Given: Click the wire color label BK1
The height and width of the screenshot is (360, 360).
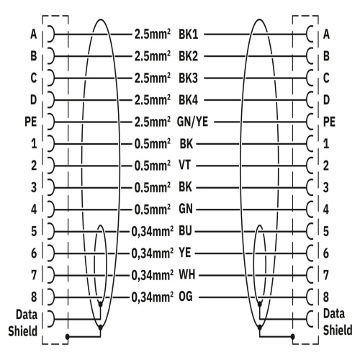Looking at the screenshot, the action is (189, 35).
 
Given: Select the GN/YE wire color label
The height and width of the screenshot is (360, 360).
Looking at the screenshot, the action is (192, 122).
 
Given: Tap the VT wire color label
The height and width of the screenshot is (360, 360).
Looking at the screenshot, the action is (185, 166).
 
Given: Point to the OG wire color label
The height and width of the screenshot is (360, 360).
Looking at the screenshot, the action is (186, 297).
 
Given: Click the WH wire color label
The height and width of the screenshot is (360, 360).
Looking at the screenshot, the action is (187, 274).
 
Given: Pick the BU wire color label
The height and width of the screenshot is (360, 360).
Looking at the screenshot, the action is (185, 231).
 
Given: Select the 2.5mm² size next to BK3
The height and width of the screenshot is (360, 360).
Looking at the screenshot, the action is (153, 78).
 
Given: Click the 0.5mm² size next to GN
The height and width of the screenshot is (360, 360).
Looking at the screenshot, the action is (153, 209).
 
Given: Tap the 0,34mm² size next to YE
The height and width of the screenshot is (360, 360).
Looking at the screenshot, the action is (153, 253).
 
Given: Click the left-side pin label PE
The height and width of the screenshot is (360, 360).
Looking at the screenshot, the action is (31, 122).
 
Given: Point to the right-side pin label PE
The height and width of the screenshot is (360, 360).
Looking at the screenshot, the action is (329, 122).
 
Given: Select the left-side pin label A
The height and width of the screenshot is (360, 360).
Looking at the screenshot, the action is (34, 35).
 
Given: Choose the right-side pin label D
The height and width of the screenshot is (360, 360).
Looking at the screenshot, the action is (326, 100).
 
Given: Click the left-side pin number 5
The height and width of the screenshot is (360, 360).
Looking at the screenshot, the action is (34, 231).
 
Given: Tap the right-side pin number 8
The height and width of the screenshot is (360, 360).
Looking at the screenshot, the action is (326, 297).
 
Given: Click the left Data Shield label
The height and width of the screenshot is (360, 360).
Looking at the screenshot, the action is (23, 323).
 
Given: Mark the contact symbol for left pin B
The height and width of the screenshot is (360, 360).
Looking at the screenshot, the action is (51, 56).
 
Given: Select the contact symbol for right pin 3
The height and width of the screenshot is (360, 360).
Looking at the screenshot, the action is (310, 187).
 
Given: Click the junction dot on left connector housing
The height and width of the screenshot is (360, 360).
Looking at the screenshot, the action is (68, 336).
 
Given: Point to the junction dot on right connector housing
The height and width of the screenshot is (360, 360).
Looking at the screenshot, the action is (292, 336).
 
